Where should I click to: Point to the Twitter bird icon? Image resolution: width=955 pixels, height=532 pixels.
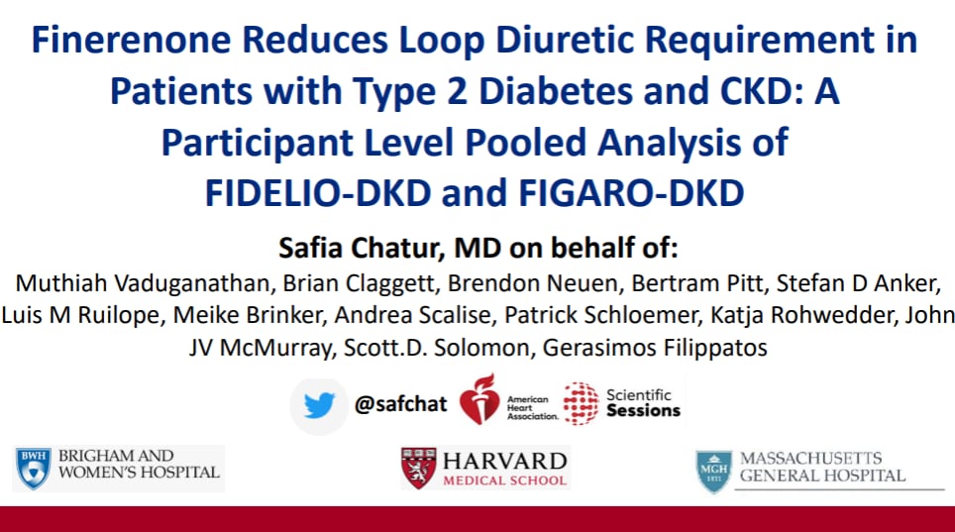click(x=319, y=404)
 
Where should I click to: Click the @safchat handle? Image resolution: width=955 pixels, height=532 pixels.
click(x=401, y=404)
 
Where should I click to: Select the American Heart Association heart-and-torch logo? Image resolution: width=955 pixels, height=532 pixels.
click(x=479, y=400)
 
